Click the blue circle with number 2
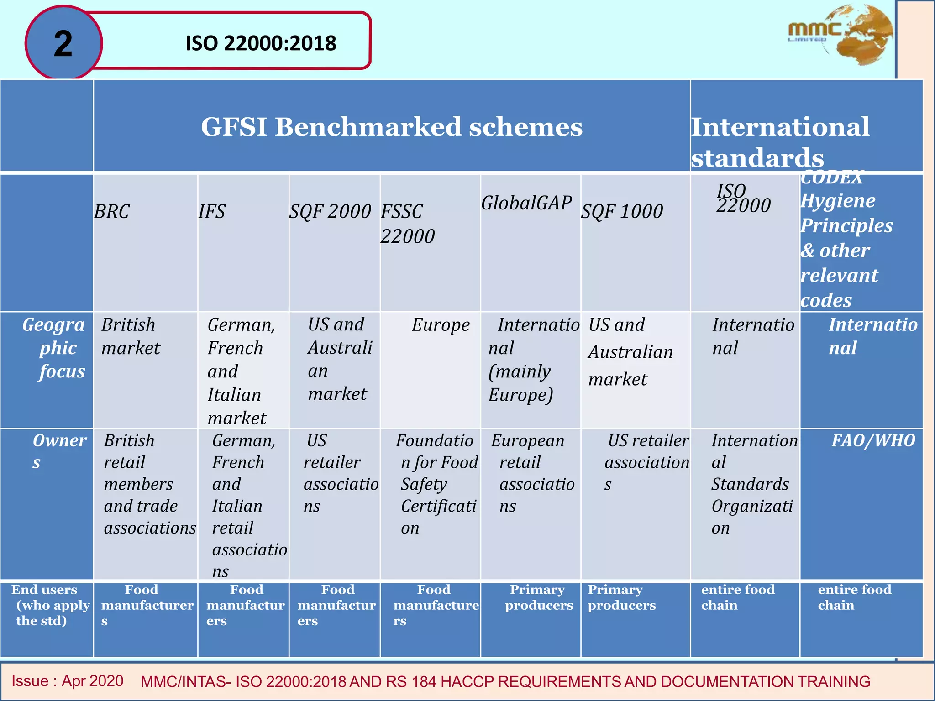point(63,44)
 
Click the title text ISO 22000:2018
point(261,44)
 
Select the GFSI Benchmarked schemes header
point(392,126)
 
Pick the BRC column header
point(112,211)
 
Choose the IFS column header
point(212,211)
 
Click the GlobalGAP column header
point(526,203)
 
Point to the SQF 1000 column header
point(622,211)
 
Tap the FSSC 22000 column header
point(407,224)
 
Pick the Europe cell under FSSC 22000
point(441,325)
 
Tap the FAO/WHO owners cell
point(873,441)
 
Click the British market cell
point(131,336)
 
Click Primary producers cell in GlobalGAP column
point(538,597)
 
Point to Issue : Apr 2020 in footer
point(68,681)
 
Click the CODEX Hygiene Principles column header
point(846,238)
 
